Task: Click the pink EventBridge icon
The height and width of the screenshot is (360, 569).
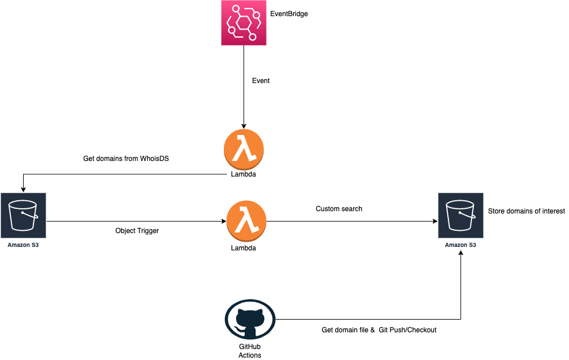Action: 244,23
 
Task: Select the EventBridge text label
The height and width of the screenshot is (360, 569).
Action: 289,14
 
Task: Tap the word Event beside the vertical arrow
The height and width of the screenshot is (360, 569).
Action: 261,81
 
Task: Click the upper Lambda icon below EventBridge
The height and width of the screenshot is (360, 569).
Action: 244,149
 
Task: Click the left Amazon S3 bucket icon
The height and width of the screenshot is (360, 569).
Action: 24,216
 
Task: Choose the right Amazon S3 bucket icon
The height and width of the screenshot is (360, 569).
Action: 460,216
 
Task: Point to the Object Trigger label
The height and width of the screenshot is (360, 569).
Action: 137,231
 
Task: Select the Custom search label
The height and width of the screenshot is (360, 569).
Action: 339,209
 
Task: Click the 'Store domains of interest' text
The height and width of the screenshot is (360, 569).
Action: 526,211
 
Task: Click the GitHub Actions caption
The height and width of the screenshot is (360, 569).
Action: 249,351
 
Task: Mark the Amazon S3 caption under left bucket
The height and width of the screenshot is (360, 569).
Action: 24,245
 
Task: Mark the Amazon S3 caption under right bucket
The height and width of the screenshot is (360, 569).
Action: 460,245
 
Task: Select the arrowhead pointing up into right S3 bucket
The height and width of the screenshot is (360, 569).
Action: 461,254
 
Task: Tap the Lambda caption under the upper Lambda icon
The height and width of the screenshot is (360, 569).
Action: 244,174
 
